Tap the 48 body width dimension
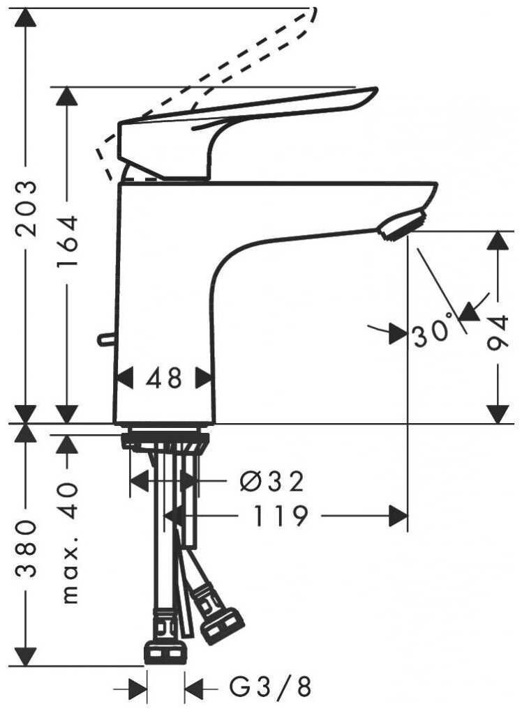[x=165, y=379]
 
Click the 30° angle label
[x=432, y=334]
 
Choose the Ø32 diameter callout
[x=271, y=481]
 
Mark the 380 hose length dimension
[x=26, y=551]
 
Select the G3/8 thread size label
[x=271, y=689]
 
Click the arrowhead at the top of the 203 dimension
[x=26, y=17]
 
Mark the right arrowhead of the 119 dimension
[x=398, y=517]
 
